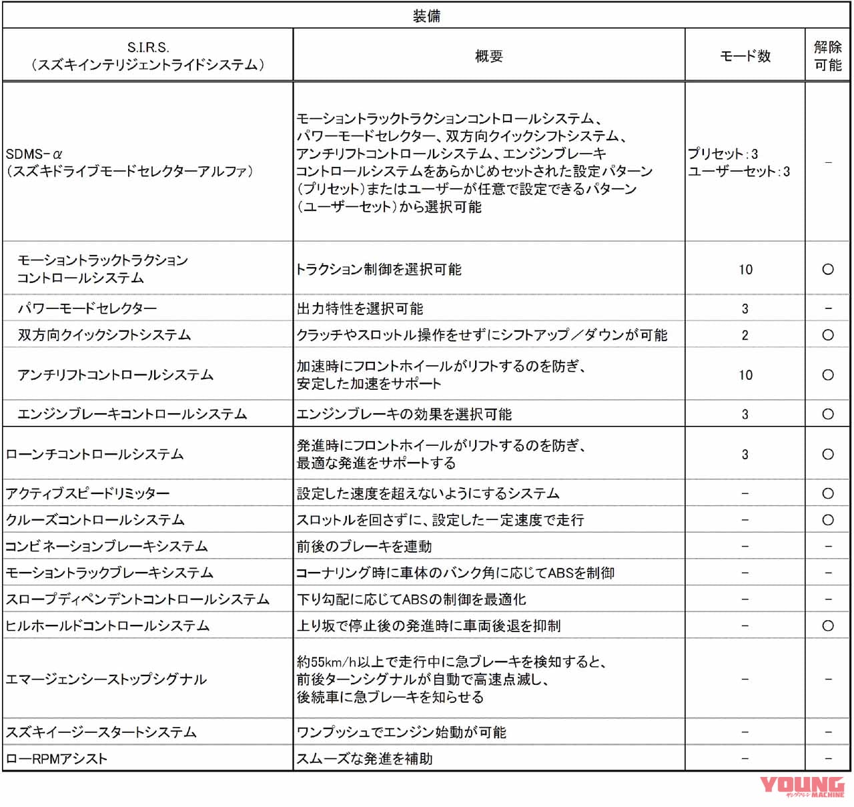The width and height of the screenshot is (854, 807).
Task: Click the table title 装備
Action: (426, 15)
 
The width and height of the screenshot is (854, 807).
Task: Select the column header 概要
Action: (488, 56)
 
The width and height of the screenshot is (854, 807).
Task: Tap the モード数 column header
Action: (745, 56)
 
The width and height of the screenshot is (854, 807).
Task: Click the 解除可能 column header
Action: (827, 56)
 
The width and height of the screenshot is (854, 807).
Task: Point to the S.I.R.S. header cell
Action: (147, 56)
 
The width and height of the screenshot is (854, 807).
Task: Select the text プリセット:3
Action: (723, 154)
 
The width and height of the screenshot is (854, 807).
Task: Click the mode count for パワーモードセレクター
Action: (745, 308)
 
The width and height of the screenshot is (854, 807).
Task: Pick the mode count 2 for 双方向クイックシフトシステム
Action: (745, 335)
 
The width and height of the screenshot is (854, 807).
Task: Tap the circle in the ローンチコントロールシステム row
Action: (827, 454)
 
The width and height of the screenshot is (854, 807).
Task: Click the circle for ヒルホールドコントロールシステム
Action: (827, 625)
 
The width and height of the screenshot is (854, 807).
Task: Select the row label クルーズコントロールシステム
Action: (95, 519)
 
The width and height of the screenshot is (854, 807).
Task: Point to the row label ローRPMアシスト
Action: (57, 758)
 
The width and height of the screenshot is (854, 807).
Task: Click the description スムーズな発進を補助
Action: (364, 758)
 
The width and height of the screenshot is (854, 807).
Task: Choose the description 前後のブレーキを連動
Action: (364, 546)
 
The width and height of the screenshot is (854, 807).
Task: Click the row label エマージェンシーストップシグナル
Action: (106, 679)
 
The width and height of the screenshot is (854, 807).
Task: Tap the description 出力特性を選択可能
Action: (360, 308)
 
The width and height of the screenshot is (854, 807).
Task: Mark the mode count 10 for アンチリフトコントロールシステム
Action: (745, 374)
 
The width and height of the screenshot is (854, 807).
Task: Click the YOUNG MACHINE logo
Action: (802, 787)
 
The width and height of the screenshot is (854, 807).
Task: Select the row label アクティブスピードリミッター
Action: (87, 493)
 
